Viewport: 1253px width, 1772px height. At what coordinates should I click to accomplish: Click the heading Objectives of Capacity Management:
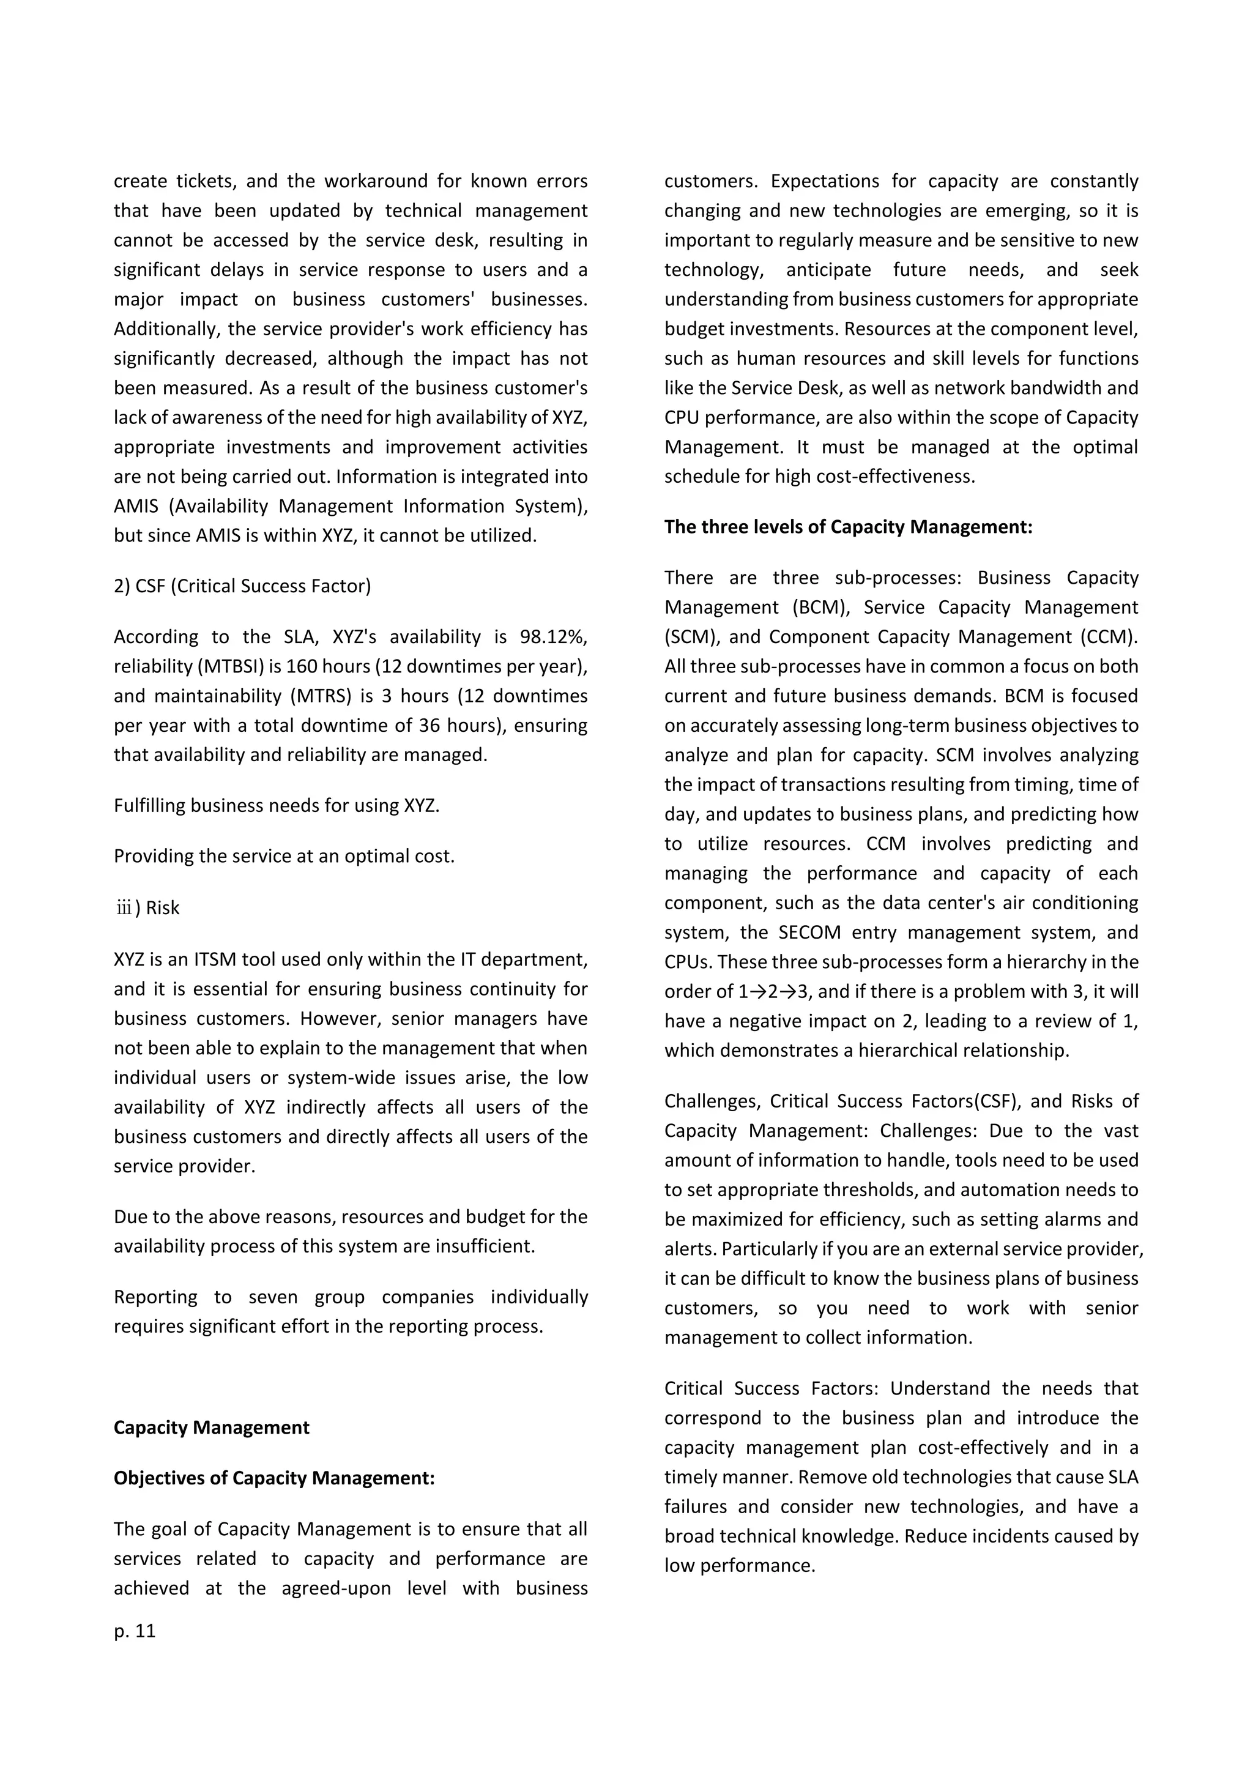(x=274, y=1478)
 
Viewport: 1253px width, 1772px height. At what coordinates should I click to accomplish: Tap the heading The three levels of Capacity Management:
(x=848, y=527)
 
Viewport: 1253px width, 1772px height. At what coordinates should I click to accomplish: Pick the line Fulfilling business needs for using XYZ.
(x=276, y=806)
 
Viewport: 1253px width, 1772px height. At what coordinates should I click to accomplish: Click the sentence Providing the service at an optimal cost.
(x=284, y=857)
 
